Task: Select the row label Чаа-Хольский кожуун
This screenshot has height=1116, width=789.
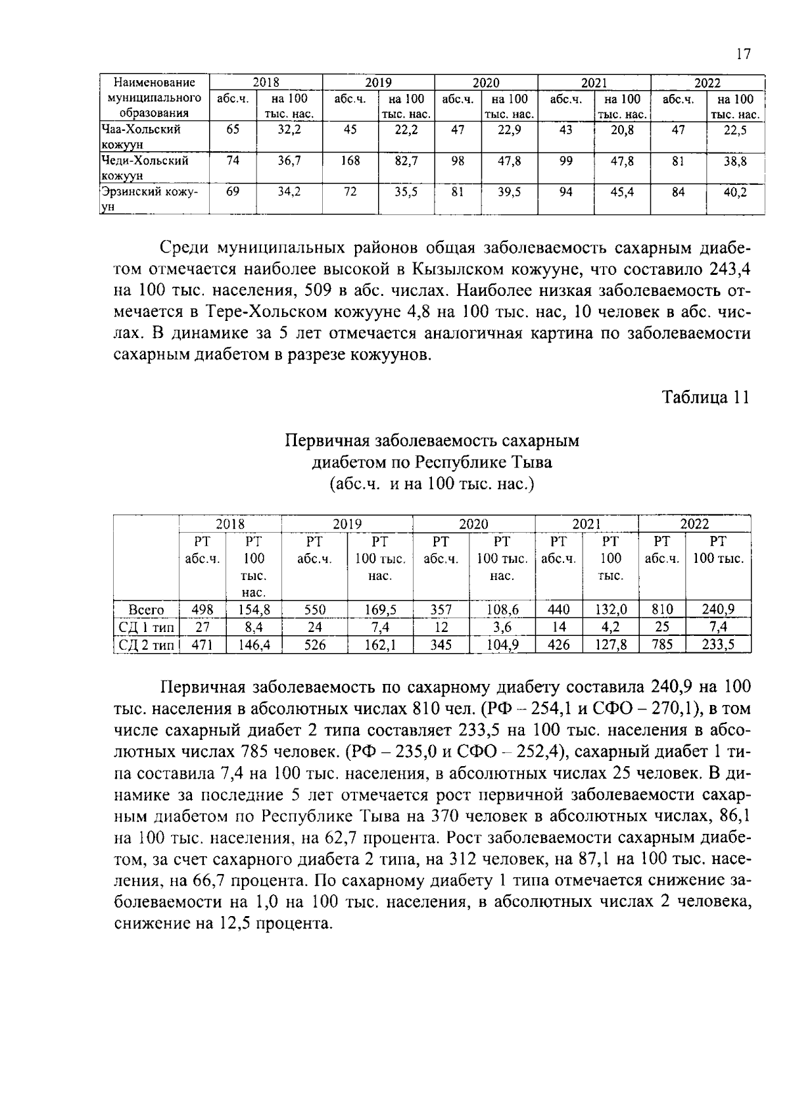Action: [x=140, y=137]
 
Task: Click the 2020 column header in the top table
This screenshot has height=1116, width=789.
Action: [x=486, y=83]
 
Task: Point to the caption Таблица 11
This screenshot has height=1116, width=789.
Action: [x=705, y=398]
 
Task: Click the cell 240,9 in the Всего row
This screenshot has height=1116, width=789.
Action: [x=717, y=610]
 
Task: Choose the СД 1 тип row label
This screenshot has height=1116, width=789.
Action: [x=146, y=627]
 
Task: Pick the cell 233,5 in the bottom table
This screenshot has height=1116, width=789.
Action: [x=717, y=645]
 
